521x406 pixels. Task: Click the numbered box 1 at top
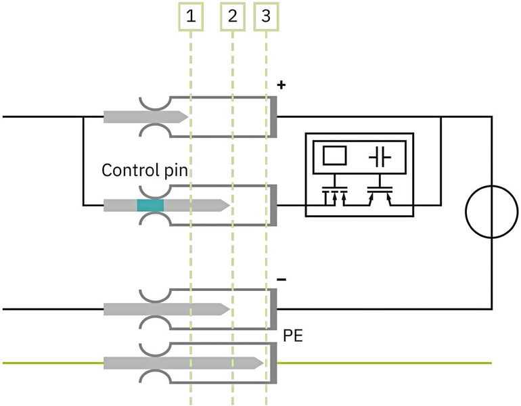pyautogui.click(x=191, y=16)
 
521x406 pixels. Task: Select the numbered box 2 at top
pyautogui.click(x=233, y=16)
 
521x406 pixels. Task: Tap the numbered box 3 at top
pyautogui.click(x=265, y=16)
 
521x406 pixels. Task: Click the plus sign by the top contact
pyautogui.click(x=282, y=86)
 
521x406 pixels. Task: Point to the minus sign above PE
pyautogui.click(x=282, y=278)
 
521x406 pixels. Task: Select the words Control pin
pyautogui.click(x=144, y=169)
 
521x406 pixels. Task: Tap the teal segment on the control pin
pyautogui.click(x=150, y=205)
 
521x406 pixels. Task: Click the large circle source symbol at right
pyautogui.click(x=491, y=212)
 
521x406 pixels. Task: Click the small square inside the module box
pyautogui.click(x=334, y=156)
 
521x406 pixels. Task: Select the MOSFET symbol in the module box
pyautogui.click(x=334, y=194)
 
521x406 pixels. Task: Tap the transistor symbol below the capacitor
pyautogui.click(x=380, y=194)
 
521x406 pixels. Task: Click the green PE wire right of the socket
pyautogui.click(x=386, y=363)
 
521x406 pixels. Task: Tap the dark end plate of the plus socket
pyautogui.click(x=274, y=116)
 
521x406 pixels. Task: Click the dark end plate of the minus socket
pyautogui.click(x=274, y=309)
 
